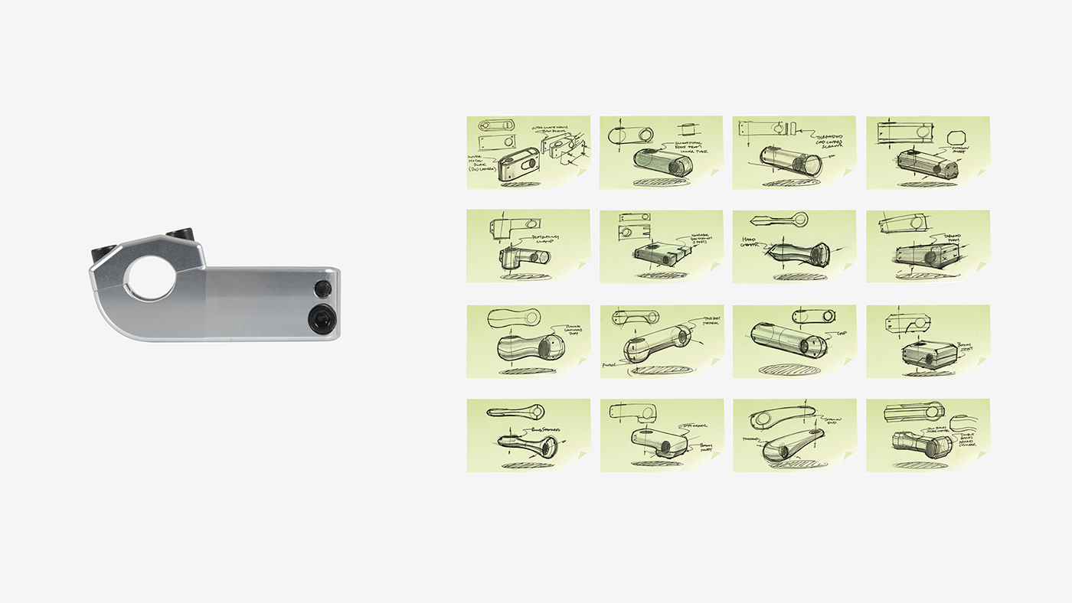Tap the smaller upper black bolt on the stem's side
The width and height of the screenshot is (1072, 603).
click(322, 288)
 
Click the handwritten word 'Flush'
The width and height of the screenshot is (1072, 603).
click(610, 365)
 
